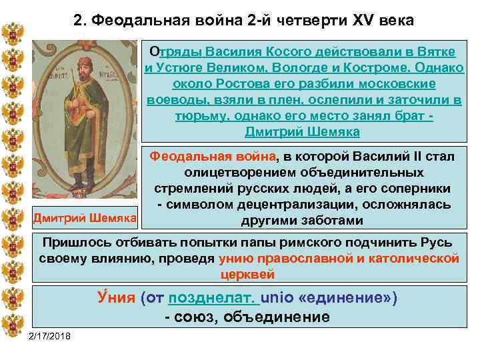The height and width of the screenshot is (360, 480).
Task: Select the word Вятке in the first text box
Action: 438,51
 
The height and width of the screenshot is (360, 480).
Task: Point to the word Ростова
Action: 228,85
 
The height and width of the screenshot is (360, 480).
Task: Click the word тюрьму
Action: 201,116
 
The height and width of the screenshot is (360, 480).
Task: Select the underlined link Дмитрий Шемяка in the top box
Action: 302,131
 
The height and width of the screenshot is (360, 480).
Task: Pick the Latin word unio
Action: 276,297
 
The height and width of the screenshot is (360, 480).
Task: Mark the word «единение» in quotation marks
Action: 347,297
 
